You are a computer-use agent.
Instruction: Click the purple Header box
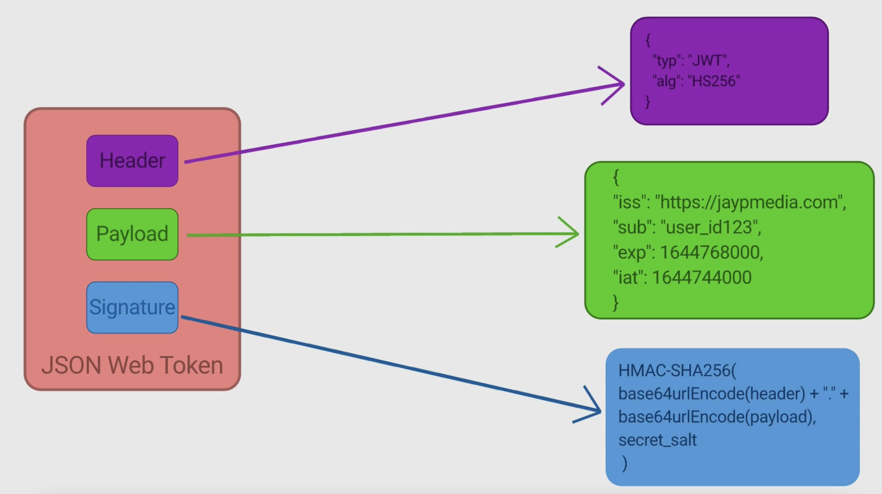click(x=132, y=161)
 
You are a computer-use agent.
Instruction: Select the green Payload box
click(x=132, y=234)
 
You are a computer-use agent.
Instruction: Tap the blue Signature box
click(x=132, y=307)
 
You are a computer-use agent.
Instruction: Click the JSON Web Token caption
click(x=132, y=365)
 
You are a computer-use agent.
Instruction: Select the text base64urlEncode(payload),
click(x=717, y=417)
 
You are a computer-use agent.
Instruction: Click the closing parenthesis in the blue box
click(x=625, y=463)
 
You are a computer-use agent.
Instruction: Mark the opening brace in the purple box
click(x=648, y=40)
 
